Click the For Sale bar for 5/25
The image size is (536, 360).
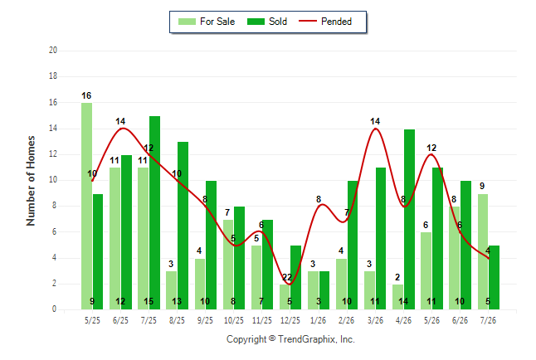[86, 207]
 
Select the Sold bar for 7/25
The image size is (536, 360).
[154, 213]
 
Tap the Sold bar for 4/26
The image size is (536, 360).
[409, 220]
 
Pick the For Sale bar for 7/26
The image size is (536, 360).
[483, 252]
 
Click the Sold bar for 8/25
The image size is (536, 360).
[183, 226]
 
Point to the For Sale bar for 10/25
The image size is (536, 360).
[228, 265]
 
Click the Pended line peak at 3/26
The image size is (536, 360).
[375, 129]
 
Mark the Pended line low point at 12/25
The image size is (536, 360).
[290, 285]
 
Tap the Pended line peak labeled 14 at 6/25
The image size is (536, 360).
[122, 129]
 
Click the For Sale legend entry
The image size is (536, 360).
[207, 22]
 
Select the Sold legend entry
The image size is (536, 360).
[267, 22]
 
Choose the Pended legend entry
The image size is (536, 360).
[325, 22]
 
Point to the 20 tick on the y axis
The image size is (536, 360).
[53, 51]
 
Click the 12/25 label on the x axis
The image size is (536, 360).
[290, 320]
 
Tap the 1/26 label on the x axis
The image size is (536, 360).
[319, 320]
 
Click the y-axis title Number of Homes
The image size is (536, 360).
[31, 181]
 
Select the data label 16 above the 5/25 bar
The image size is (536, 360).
[86, 95]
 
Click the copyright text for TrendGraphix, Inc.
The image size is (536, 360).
[290, 339]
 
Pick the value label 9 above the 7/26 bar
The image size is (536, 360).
[482, 186]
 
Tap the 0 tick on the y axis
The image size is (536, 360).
[54, 309]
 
